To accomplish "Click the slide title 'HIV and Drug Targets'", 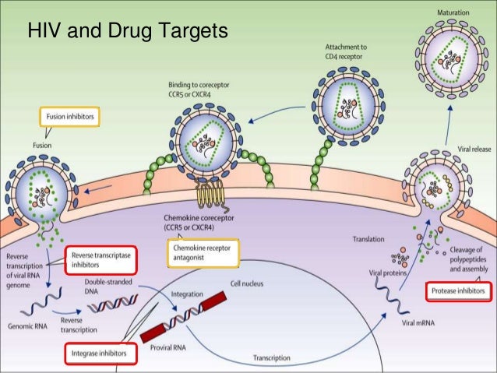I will click(x=126, y=32).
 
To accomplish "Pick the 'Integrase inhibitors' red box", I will click(x=99, y=354).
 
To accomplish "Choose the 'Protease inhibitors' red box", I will click(x=459, y=292).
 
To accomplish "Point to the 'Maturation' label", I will click(x=453, y=13).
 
